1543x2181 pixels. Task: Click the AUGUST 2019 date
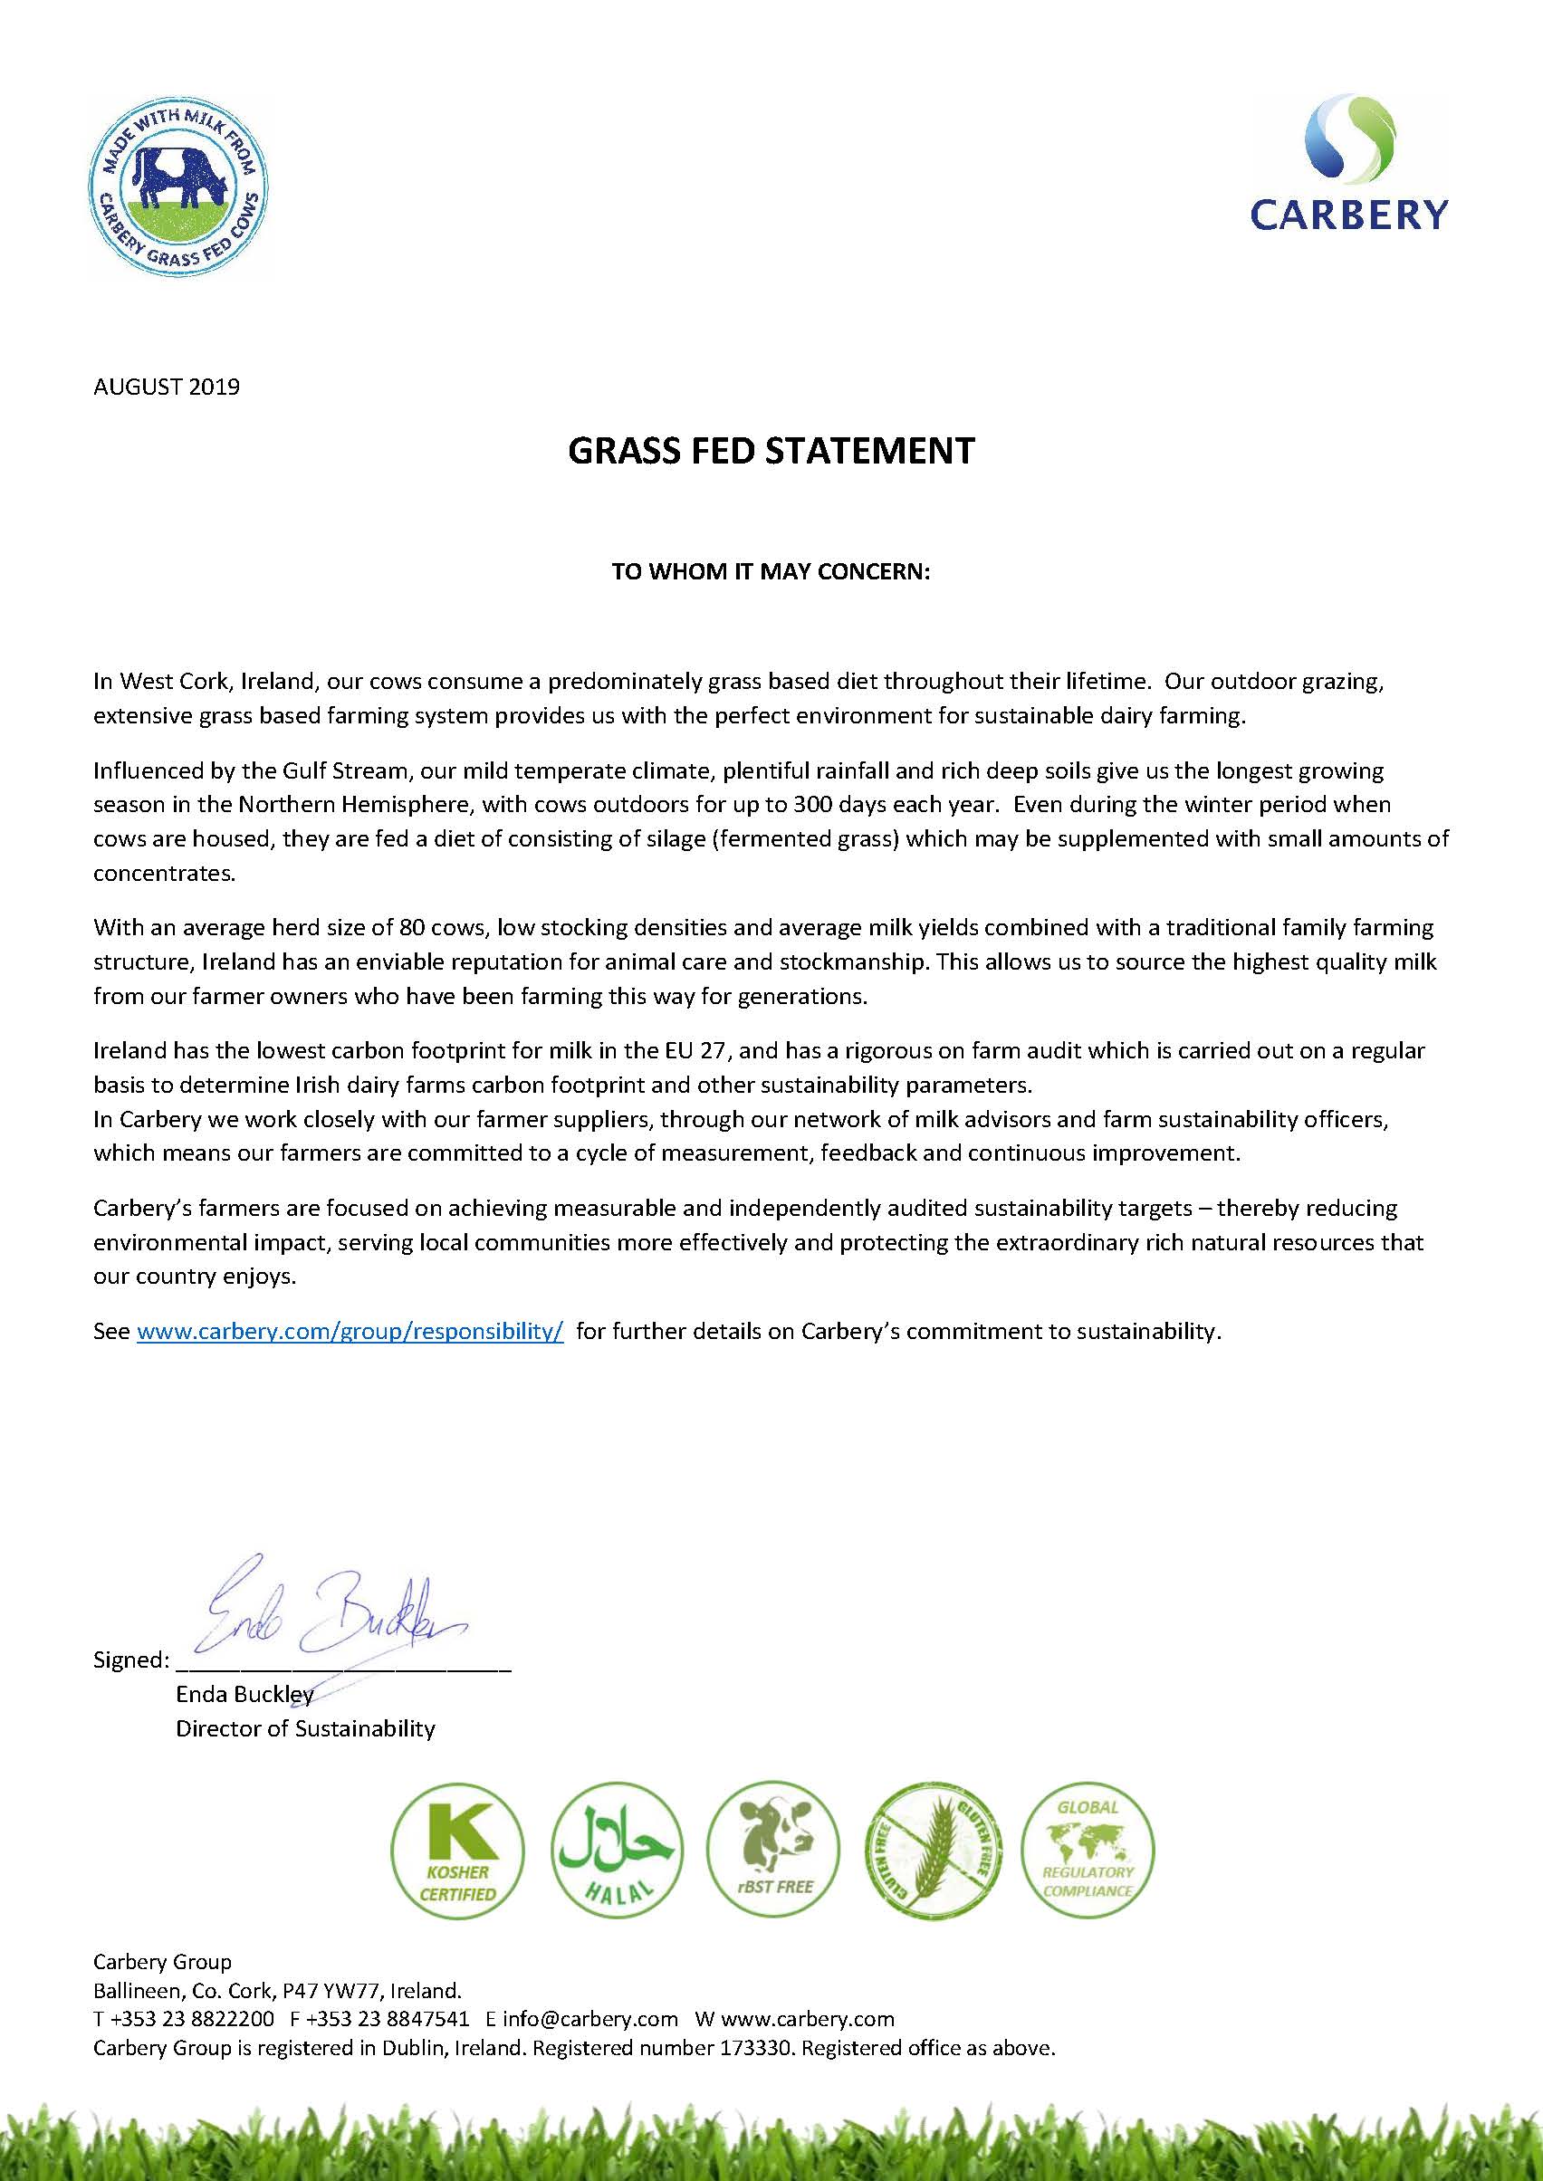click(167, 387)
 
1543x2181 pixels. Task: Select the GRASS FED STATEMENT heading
click(771, 450)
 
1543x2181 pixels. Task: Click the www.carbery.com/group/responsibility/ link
click(350, 1331)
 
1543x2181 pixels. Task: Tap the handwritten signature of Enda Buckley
click(332, 1606)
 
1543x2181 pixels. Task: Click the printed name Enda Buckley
click(244, 1694)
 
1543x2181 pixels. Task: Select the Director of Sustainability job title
click(305, 1728)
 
